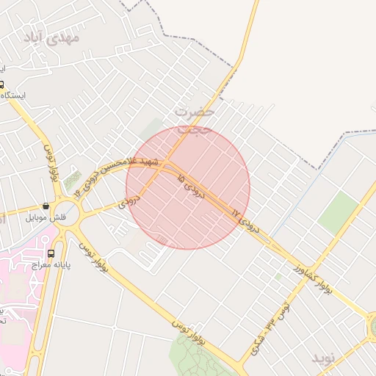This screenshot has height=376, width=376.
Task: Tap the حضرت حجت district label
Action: pyautogui.click(x=195, y=119)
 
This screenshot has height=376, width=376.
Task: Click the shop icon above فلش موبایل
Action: pyautogui.click(x=46, y=206)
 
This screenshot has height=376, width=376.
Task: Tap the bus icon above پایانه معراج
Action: pyautogui.click(x=51, y=253)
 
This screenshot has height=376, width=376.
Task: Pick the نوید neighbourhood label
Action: pyautogui.click(x=323, y=358)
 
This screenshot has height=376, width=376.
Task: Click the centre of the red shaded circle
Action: pyautogui.click(x=188, y=187)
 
